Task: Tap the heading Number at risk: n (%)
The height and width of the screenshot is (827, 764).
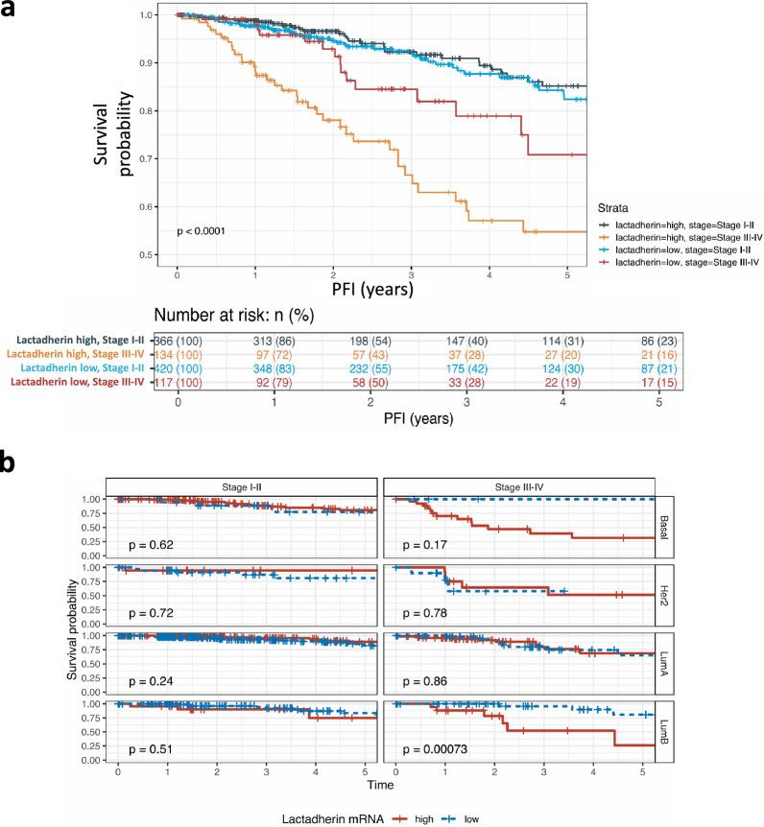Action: coord(245,314)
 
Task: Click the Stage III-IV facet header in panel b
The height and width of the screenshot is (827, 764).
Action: coord(518,486)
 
